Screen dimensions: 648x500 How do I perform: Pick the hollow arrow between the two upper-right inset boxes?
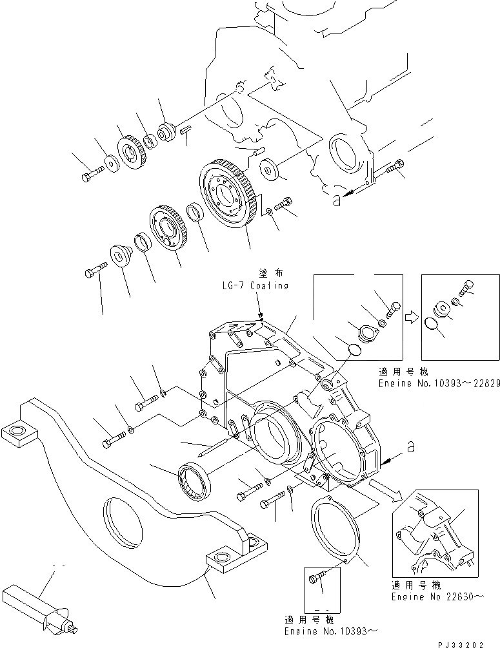(x=411, y=317)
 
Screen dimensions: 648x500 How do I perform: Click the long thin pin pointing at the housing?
(x=207, y=450)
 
